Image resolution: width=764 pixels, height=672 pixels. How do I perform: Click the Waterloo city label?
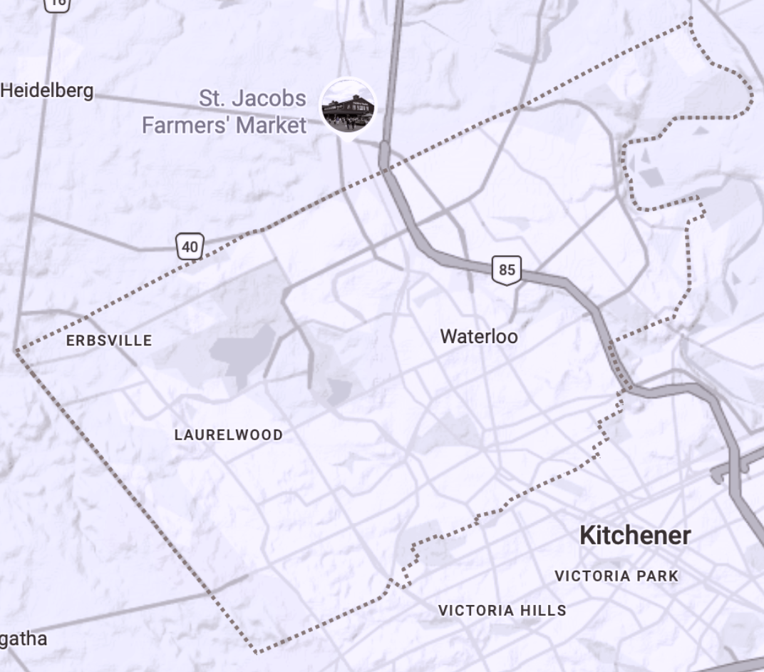click(x=479, y=336)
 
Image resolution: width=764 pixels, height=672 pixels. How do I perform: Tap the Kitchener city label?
click(x=635, y=535)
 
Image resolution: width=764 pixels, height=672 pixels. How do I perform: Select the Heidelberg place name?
click(x=47, y=91)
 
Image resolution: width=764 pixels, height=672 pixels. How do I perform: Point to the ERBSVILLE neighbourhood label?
click(x=109, y=340)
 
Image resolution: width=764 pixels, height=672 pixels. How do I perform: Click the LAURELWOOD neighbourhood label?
click(x=228, y=434)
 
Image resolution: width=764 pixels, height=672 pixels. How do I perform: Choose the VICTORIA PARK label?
click(x=616, y=576)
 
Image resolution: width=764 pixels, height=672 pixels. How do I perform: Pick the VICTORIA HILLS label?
click(x=502, y=610)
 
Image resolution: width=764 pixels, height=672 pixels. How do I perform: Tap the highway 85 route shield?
click(x=507, y=270)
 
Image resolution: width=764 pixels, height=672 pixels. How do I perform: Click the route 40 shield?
click(x=190, y=247)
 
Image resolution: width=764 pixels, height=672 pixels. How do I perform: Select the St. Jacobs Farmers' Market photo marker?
click(x=348, y=106)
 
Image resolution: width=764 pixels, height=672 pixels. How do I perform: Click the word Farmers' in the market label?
click(x=187, y=126)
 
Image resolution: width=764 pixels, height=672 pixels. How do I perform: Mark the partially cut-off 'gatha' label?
click(x=24, y=638)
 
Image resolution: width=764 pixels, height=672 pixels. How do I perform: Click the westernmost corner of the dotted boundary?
click(x=16, y=350)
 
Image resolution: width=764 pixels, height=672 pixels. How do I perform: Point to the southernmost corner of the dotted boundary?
click(x=257, y=651)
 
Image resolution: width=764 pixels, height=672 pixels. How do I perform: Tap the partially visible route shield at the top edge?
click(x=57, y=4)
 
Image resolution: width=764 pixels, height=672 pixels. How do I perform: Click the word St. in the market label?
click(x=212, y=98)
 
